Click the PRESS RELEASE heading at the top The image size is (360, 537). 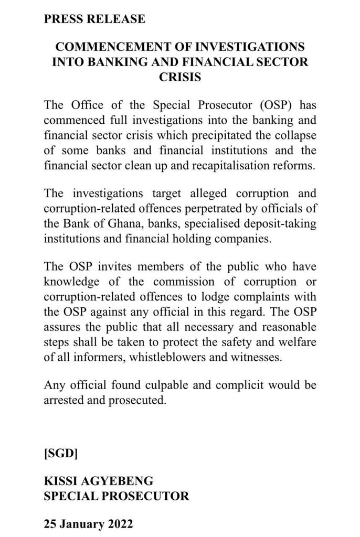coord(94,19)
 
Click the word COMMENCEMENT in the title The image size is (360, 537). coord(111,47)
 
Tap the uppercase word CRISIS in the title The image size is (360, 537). coord(180,77)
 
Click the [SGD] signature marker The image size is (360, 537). coord(61,453)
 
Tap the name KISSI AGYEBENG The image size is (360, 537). coord(99,481)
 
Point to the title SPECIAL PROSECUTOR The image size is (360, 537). coord(117,496)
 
